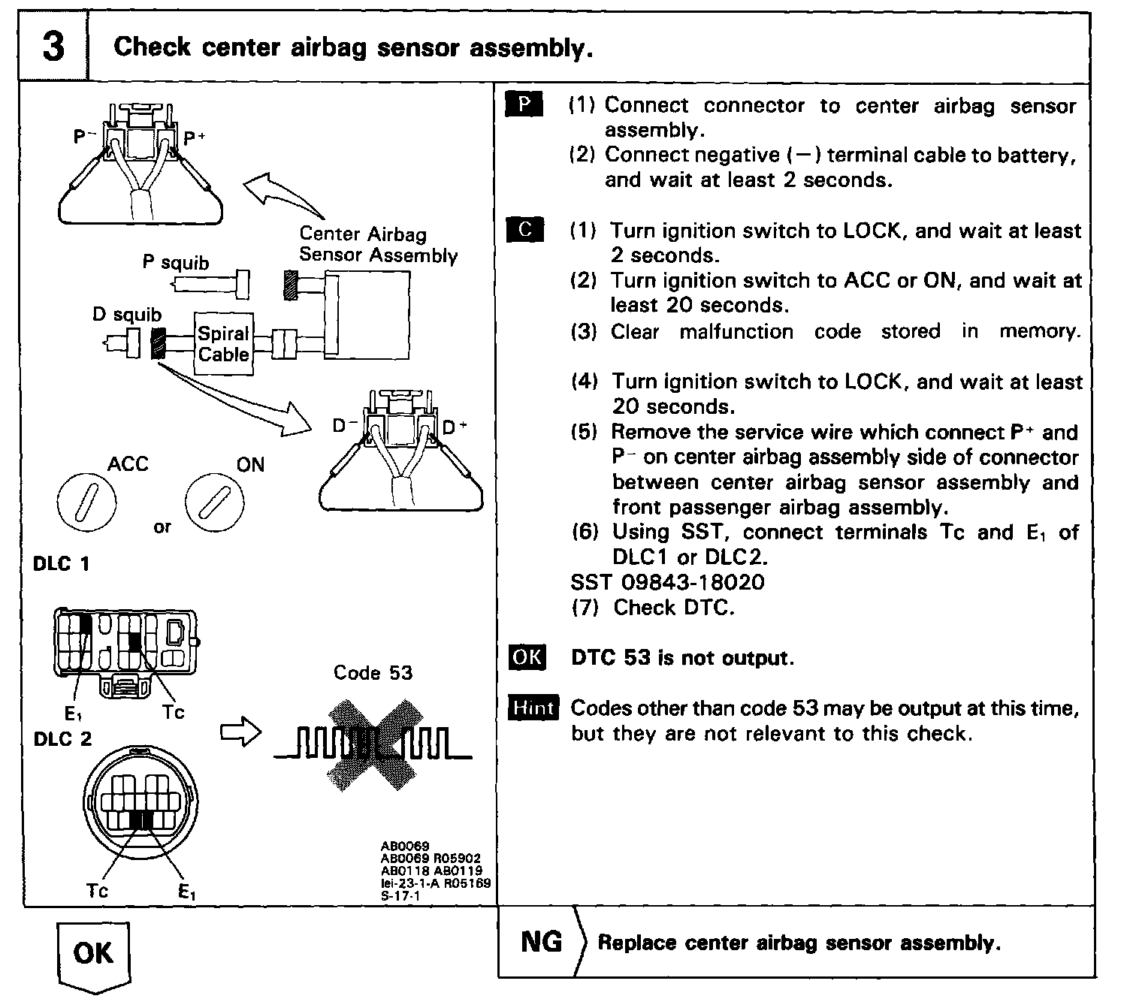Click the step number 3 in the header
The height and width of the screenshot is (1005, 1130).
coord(53,47)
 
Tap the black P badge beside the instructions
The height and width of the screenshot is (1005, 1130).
coord(524,105)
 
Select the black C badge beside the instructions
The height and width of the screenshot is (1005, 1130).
coord(524,230)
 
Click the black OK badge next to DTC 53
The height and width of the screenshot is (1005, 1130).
coord(527,657)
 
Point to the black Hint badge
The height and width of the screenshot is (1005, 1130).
coord(533,708)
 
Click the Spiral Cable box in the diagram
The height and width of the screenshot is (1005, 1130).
coord(223,344)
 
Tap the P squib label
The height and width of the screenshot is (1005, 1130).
coord(176,263)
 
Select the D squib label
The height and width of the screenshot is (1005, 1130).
coord(126,314)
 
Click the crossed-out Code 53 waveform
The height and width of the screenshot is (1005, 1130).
coord(373,744)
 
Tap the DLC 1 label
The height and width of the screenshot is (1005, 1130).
coord(62,563)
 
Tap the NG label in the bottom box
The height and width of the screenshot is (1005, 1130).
coord(541,942)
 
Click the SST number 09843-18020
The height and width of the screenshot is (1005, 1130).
coord(667,581)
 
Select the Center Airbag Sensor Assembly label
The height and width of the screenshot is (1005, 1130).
coord(377,244)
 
